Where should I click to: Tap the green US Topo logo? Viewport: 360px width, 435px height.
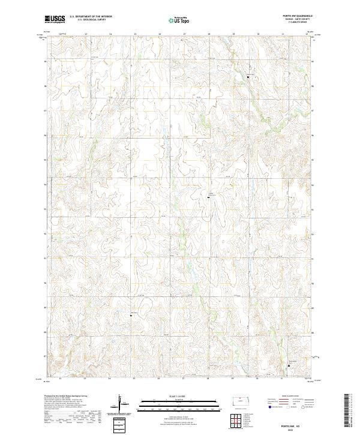[181, 20]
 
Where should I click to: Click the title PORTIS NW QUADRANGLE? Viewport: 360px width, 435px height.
[302, 16]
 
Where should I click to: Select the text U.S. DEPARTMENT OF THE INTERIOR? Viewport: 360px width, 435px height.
[91, 17]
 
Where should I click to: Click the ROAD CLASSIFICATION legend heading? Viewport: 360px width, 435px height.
[292, 397]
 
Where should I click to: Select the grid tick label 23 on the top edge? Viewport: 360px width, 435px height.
[86, 34]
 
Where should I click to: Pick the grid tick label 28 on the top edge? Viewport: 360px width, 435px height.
[208, 34]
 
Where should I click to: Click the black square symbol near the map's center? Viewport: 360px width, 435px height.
[209, 197]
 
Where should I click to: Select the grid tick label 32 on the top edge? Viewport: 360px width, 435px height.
[307, 34]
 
